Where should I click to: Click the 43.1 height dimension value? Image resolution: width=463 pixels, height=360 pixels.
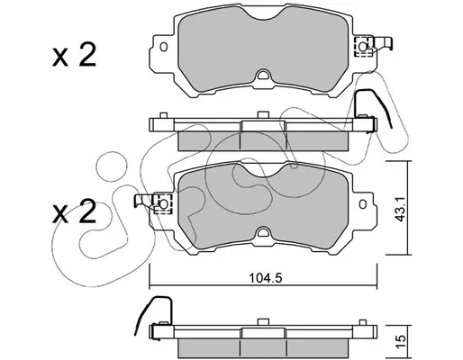pos(400,209)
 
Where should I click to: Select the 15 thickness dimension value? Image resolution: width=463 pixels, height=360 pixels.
pos(401,337)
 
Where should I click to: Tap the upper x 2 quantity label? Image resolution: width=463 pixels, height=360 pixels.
pos(74,55)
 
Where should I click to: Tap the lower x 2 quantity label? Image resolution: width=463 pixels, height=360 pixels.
pos(74,211)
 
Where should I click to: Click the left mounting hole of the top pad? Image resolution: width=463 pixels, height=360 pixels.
pos(164,47)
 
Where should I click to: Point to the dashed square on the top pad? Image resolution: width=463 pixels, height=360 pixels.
pos(364,47)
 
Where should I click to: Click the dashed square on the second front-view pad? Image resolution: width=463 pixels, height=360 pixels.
pos(163,204)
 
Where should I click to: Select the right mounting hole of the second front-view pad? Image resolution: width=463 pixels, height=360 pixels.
pos(363,204)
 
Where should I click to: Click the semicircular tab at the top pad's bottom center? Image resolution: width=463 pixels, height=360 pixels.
pos(264,75)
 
